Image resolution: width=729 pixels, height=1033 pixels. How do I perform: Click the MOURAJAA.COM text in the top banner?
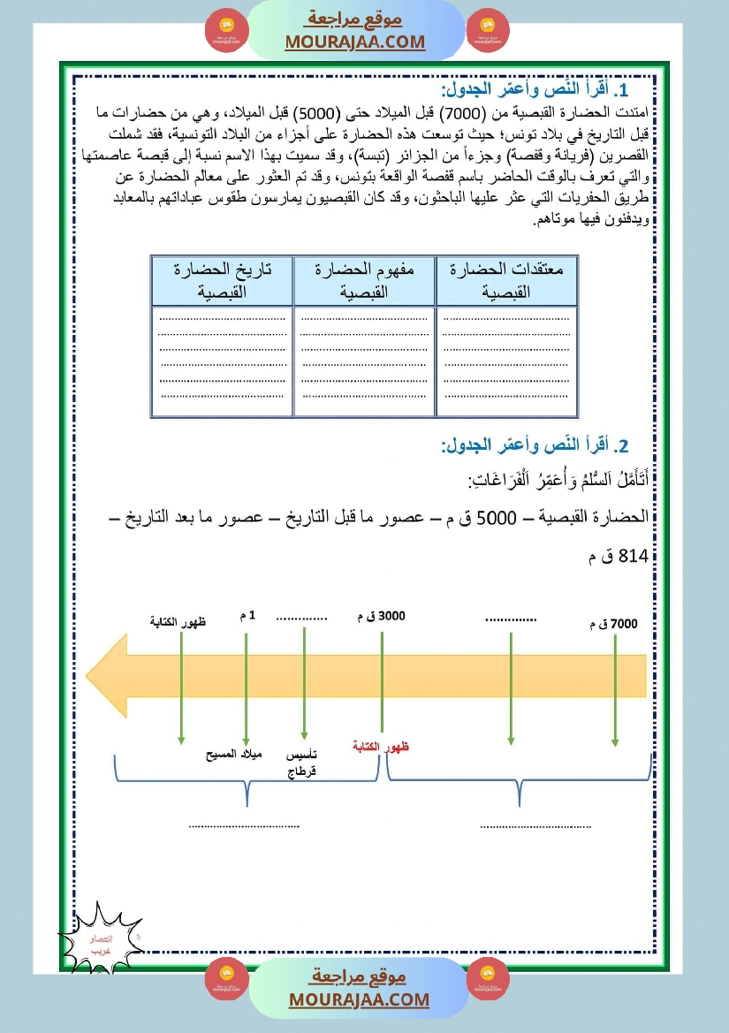coord(354,42)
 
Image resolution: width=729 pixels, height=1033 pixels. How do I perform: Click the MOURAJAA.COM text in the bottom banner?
coord(358,999)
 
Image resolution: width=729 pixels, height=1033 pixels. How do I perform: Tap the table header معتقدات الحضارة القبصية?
coord(506,280)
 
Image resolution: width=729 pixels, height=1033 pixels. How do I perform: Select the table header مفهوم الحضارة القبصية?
coord(363,280)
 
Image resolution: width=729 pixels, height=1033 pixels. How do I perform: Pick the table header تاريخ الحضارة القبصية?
coord(221,280)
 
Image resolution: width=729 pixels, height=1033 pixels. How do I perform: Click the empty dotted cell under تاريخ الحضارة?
coord(221,361)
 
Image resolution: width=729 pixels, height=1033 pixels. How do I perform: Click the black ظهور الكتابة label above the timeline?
coord(178,622)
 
